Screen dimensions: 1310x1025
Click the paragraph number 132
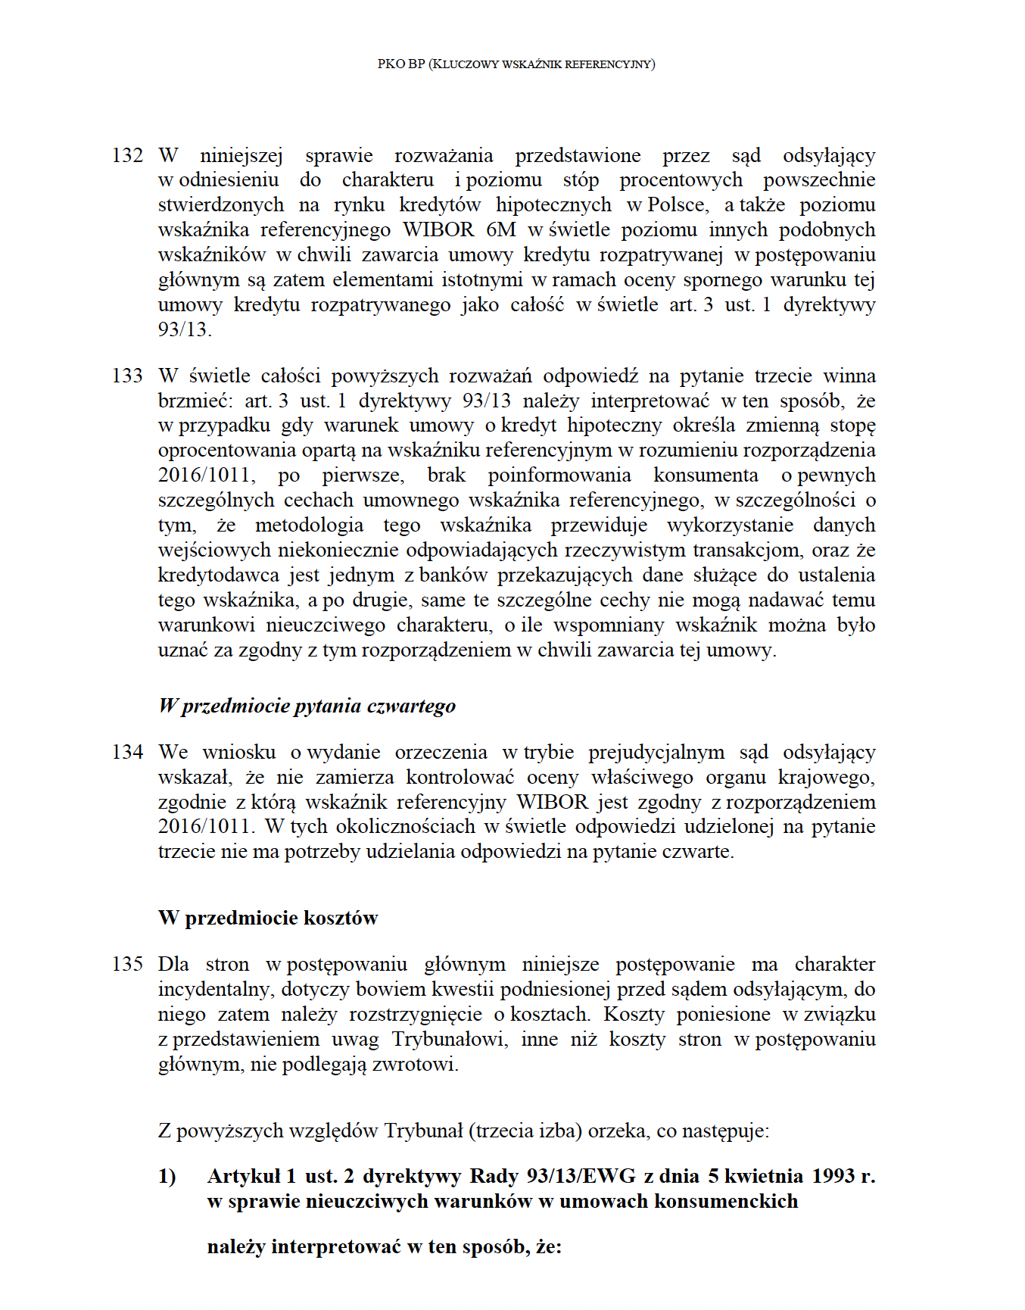coord(127,156)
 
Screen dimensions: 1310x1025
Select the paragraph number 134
coord(127,753)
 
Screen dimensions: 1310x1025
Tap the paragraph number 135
coord(127,965)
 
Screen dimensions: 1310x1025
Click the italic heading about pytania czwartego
coord(307,706)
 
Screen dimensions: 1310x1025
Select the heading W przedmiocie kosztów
coord(267,919)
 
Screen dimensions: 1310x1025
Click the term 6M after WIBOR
coord(501,230)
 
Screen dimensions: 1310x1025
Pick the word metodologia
coord(309,526)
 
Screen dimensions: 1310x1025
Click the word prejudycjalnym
coord(656,753)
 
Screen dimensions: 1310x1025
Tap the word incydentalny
coord(215,990)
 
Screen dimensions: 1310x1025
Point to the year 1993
coord(834,1177)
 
